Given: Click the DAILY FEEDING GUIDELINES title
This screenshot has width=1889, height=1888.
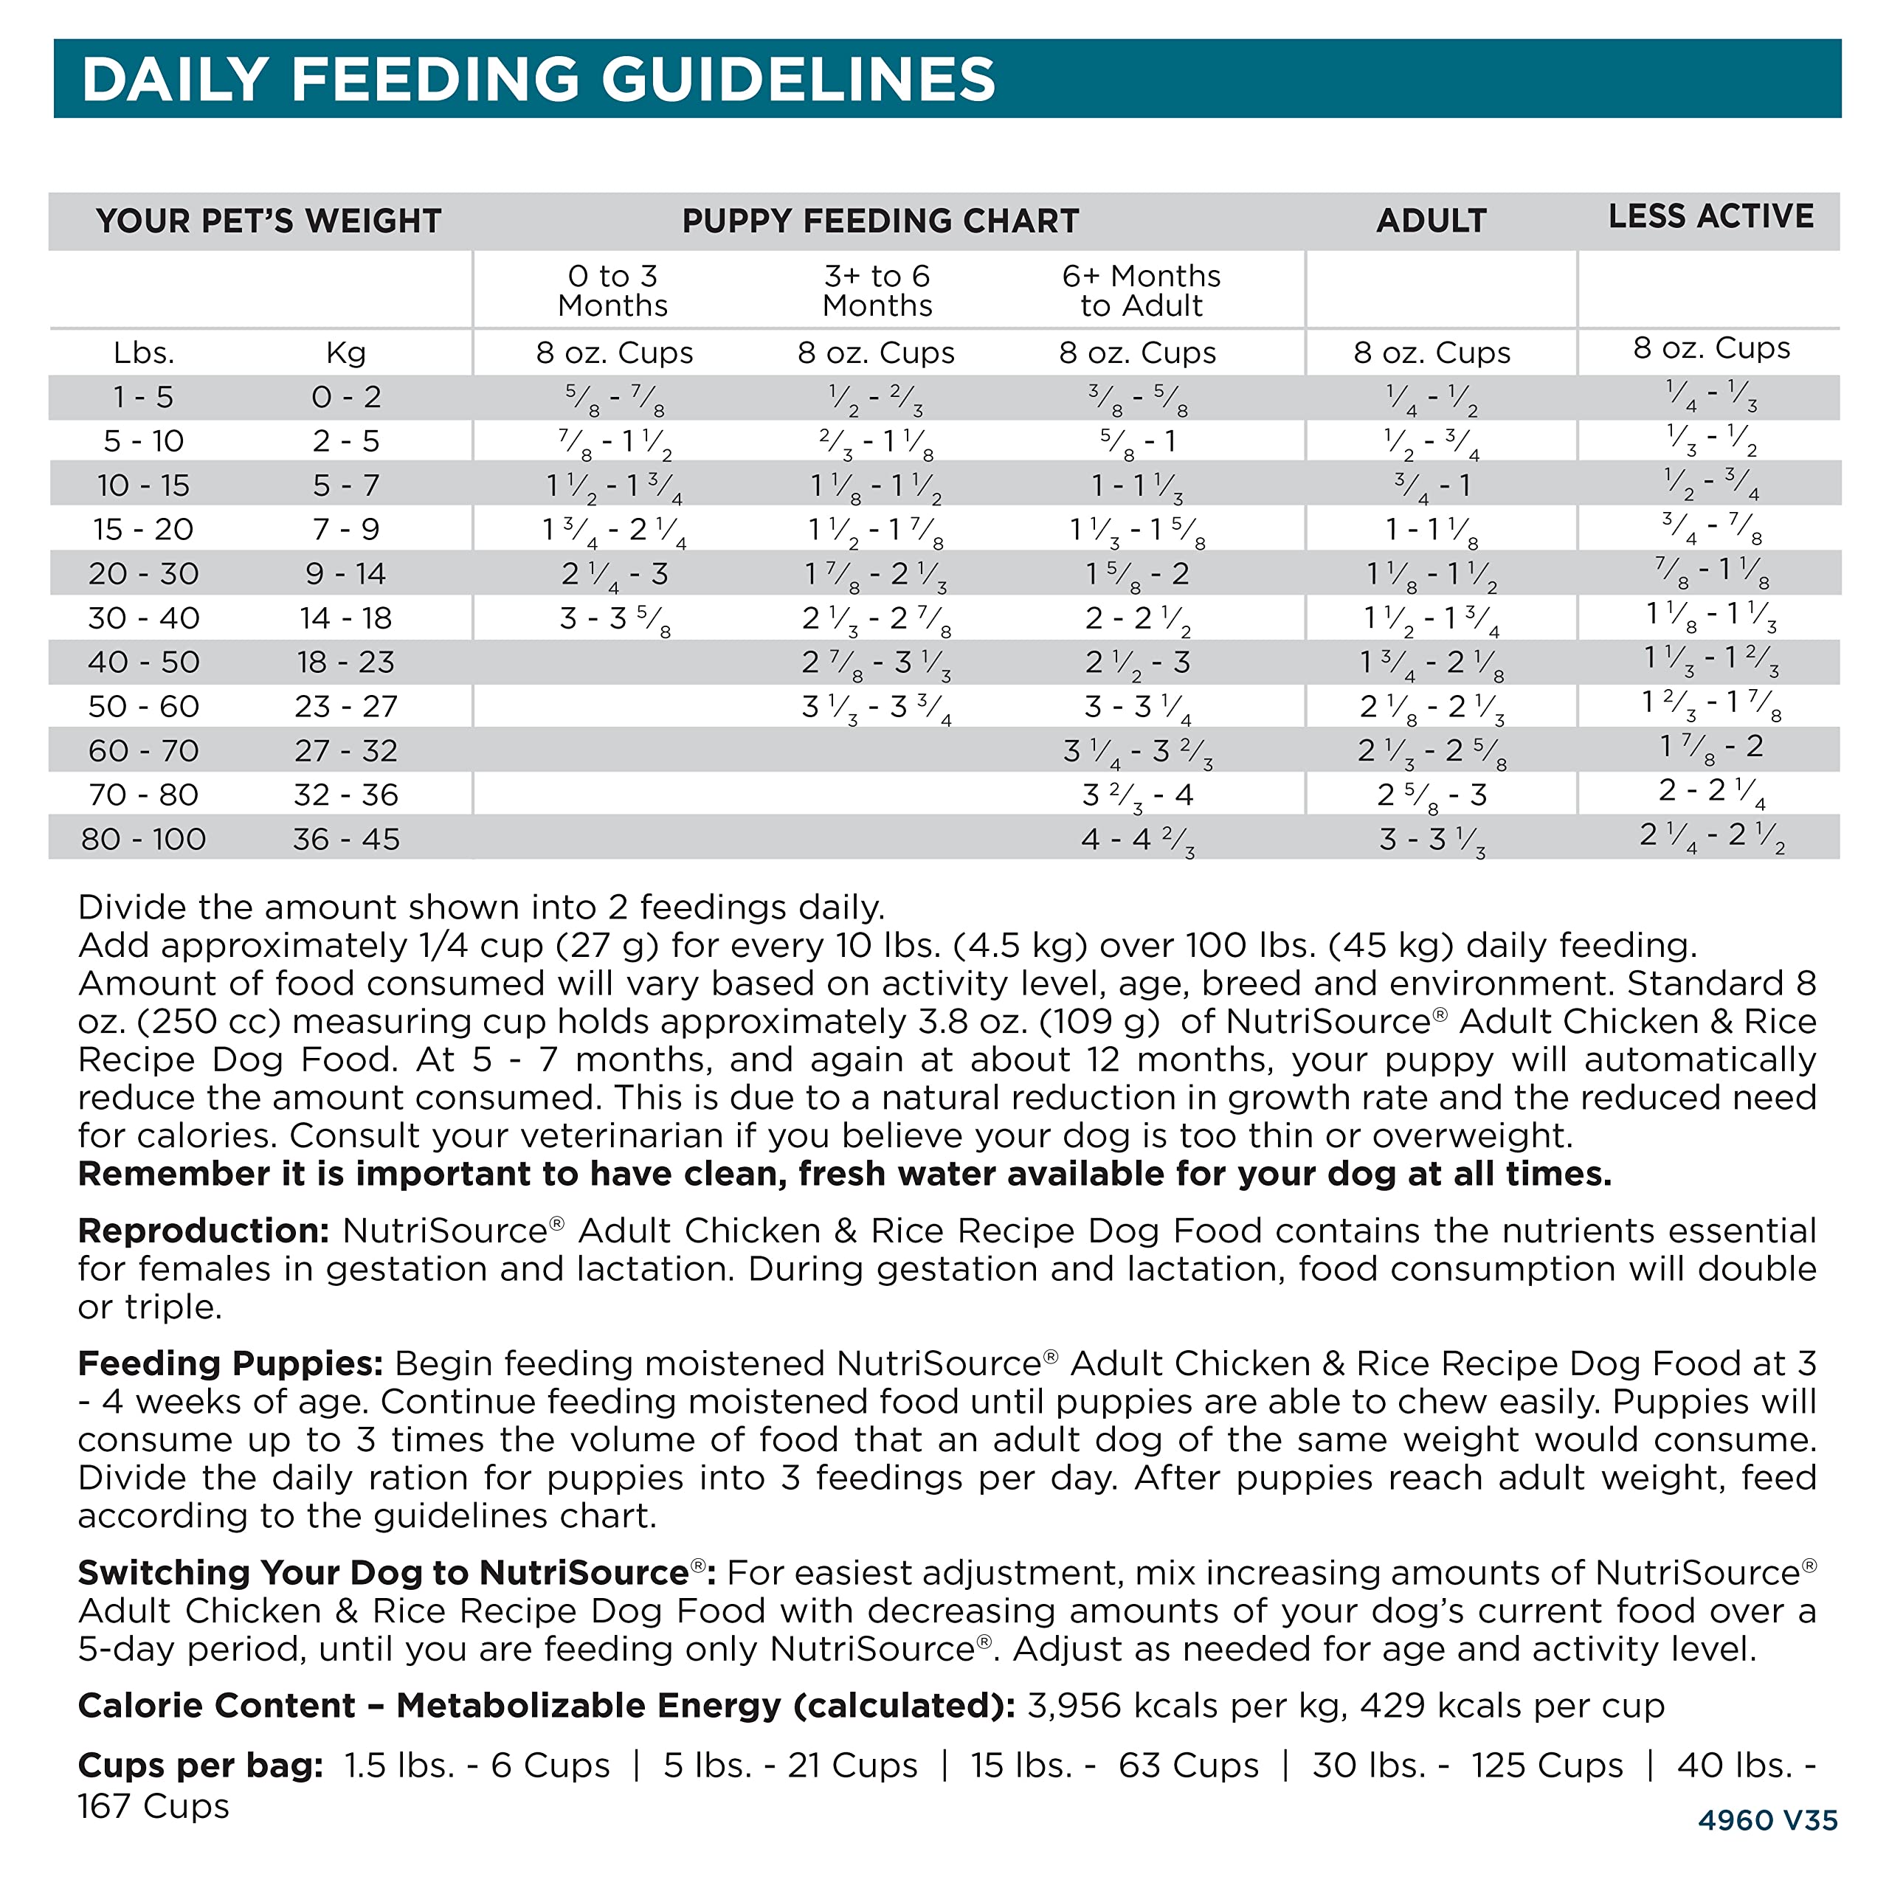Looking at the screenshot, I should coord(538,79).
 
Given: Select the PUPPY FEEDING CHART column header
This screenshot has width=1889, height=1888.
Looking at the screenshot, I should coord(880,221).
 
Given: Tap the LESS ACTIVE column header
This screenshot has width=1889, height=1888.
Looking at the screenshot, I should coord(1710,216).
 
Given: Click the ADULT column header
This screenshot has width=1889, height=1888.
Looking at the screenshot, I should coord(1431,221).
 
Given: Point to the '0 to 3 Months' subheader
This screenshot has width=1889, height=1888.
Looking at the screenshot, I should coord(613,291).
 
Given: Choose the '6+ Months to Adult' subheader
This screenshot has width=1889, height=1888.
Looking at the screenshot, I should coord(1141,291).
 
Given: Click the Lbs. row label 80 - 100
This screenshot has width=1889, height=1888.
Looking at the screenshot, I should coord(144,839).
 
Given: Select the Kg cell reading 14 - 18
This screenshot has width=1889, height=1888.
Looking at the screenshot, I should coord(346,618).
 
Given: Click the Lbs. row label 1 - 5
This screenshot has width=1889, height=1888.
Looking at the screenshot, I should coord(144,397).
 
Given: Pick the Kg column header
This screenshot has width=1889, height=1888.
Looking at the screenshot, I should coord(346,353).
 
